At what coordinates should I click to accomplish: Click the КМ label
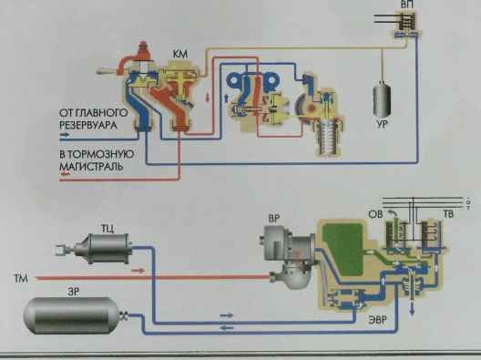pos(180,55)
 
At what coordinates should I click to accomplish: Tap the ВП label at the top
pos(407,5)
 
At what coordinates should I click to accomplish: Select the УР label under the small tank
pos(382,124)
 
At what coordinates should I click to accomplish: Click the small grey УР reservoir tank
pos(382,99)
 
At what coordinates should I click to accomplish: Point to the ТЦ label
pos(107,229)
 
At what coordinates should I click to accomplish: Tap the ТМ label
pos(21,279)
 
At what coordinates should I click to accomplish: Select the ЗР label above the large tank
pos(73,292)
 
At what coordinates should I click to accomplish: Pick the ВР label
pos(274,219)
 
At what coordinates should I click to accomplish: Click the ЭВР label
pos(377,321)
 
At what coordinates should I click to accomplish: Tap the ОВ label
pos(375,214)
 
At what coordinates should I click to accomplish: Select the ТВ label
pos(448,214)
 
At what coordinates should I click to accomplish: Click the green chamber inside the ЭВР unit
pos(343,249)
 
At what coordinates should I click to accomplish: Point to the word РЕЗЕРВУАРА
pos(88,125)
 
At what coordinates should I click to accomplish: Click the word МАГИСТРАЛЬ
pos(91,167)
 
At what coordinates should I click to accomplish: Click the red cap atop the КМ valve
pos(144,51)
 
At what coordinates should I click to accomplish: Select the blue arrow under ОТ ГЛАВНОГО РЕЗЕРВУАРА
pos(65,134)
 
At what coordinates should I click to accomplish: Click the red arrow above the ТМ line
pos(138,271)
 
